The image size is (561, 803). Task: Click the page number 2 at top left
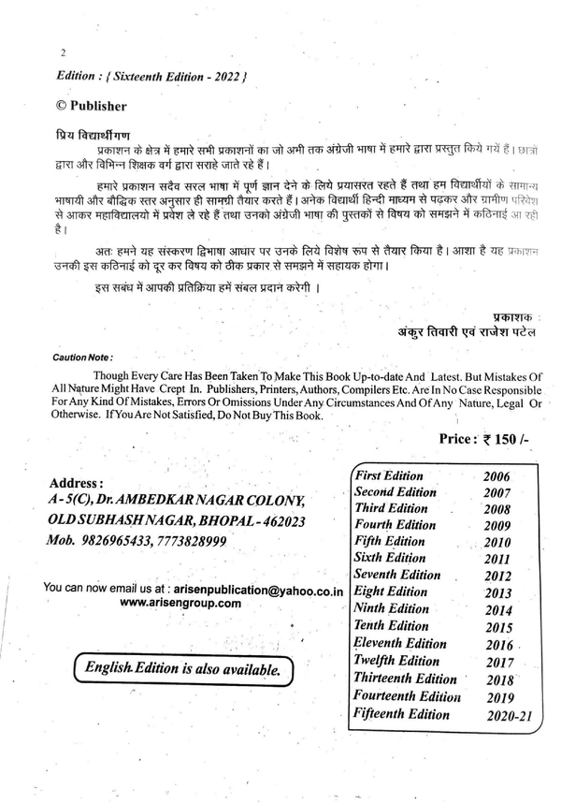click(x=62, y=53)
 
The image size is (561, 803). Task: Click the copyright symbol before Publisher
click(x=63, y=106)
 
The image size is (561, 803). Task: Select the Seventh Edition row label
click(x=397, y=575)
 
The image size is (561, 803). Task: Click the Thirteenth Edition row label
click(x=405, y=678)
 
